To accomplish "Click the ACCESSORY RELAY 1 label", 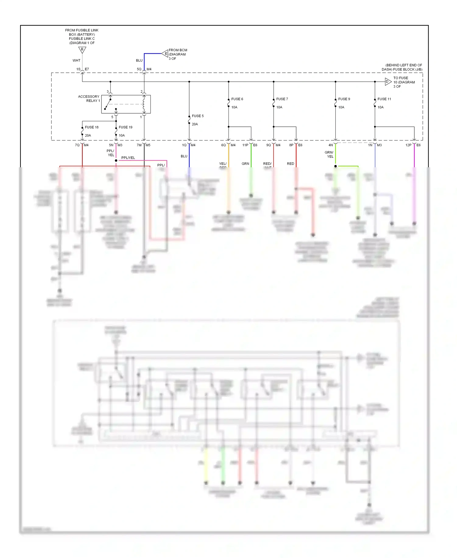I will [x=89, y=99].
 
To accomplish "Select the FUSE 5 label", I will [x=197, y=116].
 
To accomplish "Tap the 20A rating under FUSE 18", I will [x=88, y=136].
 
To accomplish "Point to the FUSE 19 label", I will [x=126, y=127].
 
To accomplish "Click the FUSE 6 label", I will [x=237, y=99].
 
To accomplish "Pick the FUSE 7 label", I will [x=282, y=99].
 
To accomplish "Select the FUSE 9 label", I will [x=344, y=99].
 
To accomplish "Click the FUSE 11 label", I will [x=384, y=99].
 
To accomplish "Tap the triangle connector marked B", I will [x=82, y=50].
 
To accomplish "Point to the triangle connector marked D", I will [x=388, y=82].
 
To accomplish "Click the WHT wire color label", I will [x=76, y=60].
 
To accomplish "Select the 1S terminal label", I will [x=78, y=69].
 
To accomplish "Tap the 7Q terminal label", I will [x=77, y=145].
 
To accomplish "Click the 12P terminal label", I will [x=408, y=145].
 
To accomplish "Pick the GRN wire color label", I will [x=245, y=164].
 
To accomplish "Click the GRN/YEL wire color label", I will [x=329, y=154].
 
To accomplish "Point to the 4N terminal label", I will [x=331, y=145].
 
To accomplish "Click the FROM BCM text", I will [x=178, y=50].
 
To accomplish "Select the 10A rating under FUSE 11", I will [x=381, y=107].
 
